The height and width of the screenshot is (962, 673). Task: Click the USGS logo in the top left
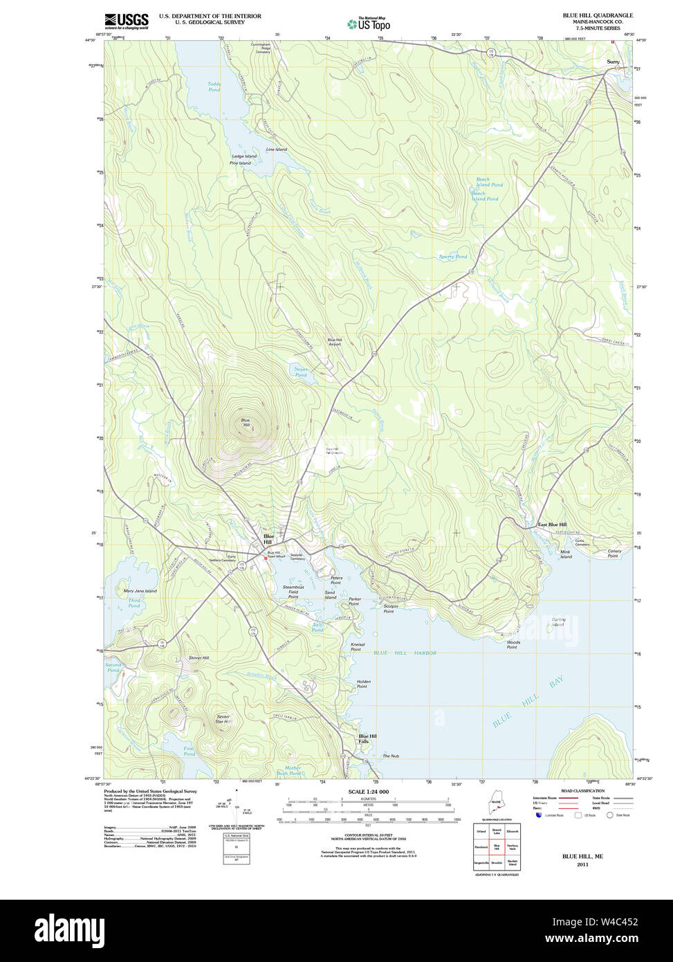point(127,21)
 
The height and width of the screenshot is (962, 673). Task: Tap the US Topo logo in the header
point(369,24)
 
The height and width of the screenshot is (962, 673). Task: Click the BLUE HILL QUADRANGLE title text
point(597,15)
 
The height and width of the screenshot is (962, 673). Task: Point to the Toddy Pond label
point(214,87)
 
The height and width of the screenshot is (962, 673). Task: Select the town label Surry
point(613,62)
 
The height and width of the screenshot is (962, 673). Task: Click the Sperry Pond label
point(453,257)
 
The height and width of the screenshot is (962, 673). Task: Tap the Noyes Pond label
point(301,372)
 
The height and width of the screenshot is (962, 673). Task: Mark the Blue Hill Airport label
point(335,342)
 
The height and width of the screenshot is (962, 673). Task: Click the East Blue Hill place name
point(552,525)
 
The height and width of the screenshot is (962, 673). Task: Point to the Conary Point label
point(614,554)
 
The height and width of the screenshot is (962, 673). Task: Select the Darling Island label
point(558,622)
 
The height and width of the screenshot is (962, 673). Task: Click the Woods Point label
point(513,644)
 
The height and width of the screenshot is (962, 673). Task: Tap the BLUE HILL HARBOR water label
point(405,653)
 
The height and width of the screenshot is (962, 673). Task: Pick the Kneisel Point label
point(357,647)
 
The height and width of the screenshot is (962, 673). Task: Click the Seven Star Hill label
point(222,719)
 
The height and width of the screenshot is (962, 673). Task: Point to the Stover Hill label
point(199,657)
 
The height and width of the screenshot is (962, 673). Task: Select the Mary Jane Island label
point(140,591)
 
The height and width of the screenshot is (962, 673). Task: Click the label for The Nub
point(391,756)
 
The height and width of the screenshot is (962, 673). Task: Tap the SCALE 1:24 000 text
point(368,792)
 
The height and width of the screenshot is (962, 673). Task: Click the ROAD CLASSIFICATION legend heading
point(582,790)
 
